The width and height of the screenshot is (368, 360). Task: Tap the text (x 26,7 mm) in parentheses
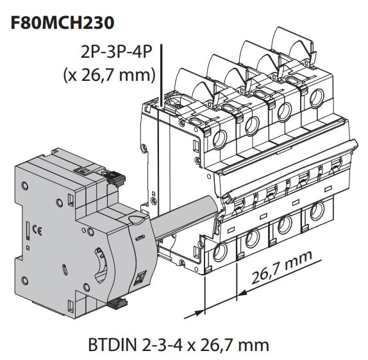click(109, 75)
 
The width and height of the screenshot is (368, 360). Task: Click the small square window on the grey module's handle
click(140, 278)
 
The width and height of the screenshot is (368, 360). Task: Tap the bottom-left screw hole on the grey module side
click(25, 278)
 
